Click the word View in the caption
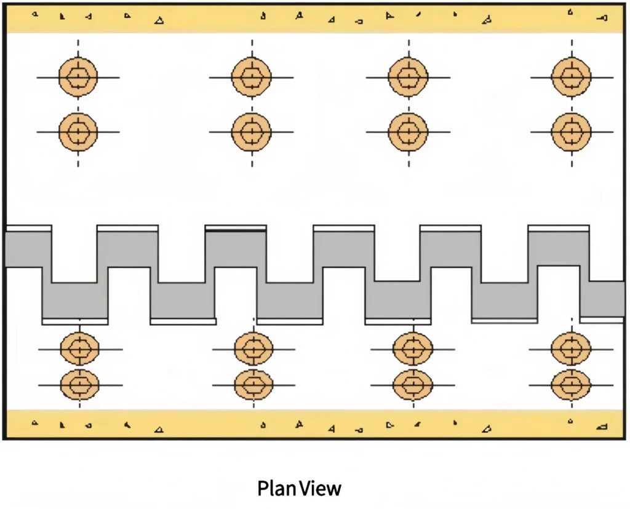[x=320, y=489]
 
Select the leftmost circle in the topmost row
[x=78, y=77]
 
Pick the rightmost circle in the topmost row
[x=572, y=77]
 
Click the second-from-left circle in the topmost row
[x=252, y=77]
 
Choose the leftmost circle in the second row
[x=78, y=132]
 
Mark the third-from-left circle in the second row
[x=408, y=132]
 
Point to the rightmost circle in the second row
[x=572, y=132]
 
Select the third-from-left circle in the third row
[x=413, y=349]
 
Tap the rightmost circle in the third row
[x=571, y=349]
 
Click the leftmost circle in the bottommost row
[x=80, y=385]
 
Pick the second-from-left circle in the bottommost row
[x=253, y=385]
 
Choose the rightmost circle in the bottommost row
[x=571, y=385]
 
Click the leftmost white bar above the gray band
[x=28, y=228]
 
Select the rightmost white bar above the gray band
[x=559, y=228]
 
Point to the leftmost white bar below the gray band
[x=75, y=322]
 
